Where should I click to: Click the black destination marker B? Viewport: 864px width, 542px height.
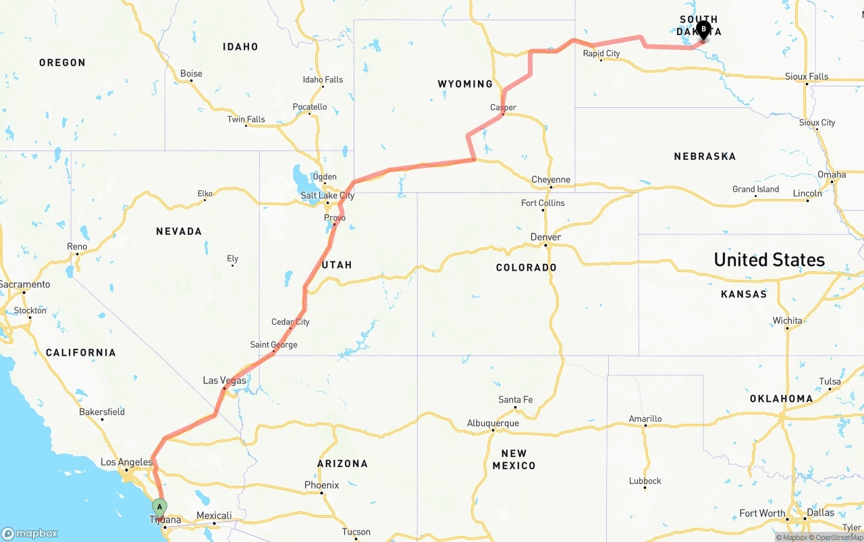click(x=703, y=30)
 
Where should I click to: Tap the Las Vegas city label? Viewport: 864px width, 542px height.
click(x=224, y=381)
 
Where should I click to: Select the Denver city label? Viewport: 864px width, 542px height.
click(x=545, y=237)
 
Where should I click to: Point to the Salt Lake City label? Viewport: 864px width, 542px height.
click(x=327, y=196)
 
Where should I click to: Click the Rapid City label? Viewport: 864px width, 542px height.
click(x=601, y=53)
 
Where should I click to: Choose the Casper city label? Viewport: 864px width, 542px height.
click(x=503, y=107)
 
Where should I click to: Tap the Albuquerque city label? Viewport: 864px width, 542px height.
click(x=493, y=423)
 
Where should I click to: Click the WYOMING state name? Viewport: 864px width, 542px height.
click(x=465, y=84)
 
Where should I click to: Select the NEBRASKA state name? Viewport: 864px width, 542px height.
click(x=705, y=157)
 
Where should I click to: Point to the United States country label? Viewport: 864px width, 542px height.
click(x=769, y=260)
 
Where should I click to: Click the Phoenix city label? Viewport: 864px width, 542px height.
click(x=321, y=485)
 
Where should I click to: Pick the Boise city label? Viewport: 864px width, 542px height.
click(x=191, y=74)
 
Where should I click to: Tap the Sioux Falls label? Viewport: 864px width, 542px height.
click(x=807, y=76)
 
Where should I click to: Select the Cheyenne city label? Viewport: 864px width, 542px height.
click(x=551, y=180)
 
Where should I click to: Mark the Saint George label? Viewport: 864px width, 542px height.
click(x=273, y=345)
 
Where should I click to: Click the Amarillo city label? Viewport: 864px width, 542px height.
click(x=645, y=418)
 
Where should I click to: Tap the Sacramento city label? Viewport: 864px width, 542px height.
click(x=25, y=284)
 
